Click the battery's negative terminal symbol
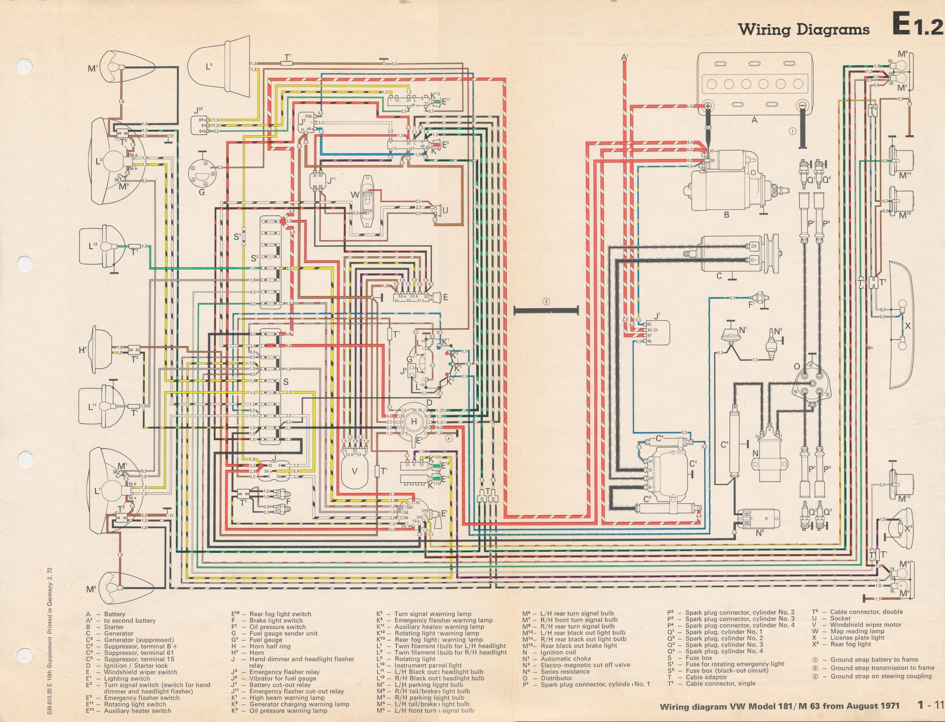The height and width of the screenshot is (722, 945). click(x=801, y=105)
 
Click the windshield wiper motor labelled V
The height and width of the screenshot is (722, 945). click(x=354, y=471)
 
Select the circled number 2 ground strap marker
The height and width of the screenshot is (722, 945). click(x=546, y=301)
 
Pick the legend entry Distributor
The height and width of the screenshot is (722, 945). click(x=556, y=678)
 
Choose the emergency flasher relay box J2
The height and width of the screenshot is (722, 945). click(x=308, y=123)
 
